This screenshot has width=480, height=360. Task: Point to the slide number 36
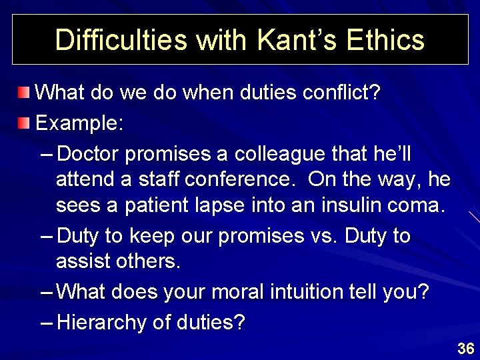pos(465,348)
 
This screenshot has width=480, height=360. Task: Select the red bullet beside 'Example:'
pos(24,123)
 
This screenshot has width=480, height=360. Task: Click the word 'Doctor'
pos(89,155)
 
